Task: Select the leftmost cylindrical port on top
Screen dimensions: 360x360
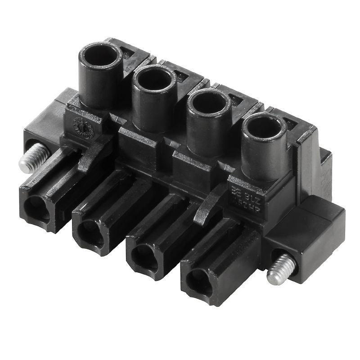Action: tap(100, 57)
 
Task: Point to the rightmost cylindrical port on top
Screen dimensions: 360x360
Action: tap(263, 128)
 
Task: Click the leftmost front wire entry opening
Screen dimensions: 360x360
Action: tap(35, 208)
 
